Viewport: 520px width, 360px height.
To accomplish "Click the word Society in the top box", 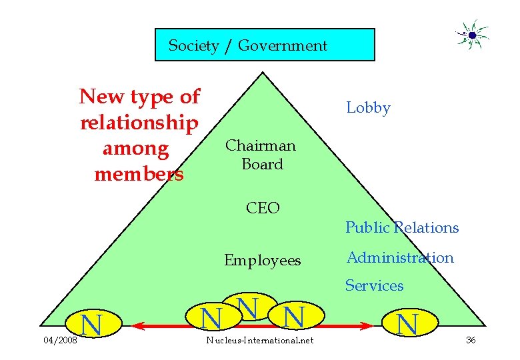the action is coord(193,46).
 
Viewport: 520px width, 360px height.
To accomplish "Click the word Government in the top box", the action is coord(283,46).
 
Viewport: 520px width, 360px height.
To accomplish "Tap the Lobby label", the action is coord(368,108).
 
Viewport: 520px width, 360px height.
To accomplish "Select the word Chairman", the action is coord(260,145).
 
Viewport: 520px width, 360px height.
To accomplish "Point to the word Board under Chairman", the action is coord(262,164).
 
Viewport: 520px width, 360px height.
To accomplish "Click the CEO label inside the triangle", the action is coord(263,208).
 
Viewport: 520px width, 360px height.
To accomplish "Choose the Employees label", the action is coord(262,260).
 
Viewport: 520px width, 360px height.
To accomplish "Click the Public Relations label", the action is coord(401,228).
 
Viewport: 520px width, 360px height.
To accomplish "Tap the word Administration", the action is coord(399,257).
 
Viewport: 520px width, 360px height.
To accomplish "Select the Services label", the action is coord(374,286).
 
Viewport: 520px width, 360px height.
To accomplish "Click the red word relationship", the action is coord(139,123).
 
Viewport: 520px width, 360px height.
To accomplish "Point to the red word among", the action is coord(135,149).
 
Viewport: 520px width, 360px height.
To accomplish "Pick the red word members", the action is coord(139,175).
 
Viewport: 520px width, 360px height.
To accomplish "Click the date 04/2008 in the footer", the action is coord(60,341).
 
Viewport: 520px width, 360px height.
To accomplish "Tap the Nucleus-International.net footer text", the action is coord(259,341).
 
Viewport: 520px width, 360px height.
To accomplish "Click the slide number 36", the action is coord(471,341).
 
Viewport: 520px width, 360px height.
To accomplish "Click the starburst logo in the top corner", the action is coord(471,35).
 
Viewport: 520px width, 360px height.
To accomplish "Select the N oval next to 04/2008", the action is coord(92,324).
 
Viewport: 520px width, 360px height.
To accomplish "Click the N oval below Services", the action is coord(407,323).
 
